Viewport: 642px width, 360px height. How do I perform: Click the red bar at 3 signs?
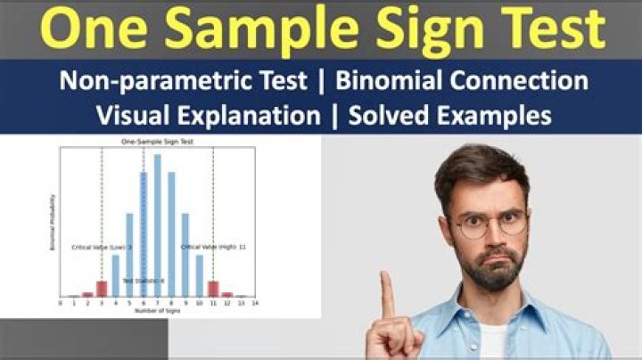(101, 289)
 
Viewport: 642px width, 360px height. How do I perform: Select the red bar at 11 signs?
(213, 289)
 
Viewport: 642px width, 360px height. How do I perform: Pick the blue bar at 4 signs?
(115, 275)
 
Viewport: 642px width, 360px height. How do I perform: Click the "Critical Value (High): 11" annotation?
(213, 246)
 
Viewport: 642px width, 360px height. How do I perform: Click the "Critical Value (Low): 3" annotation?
(102, 247)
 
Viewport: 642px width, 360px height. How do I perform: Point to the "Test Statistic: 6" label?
(143, 281)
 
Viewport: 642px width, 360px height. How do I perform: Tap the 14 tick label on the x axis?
(255, 304)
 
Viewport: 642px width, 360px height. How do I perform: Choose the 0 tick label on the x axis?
(60, 304)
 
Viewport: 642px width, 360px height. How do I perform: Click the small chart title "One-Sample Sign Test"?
(158, 142)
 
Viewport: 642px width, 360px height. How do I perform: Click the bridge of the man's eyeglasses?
(489, 221)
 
